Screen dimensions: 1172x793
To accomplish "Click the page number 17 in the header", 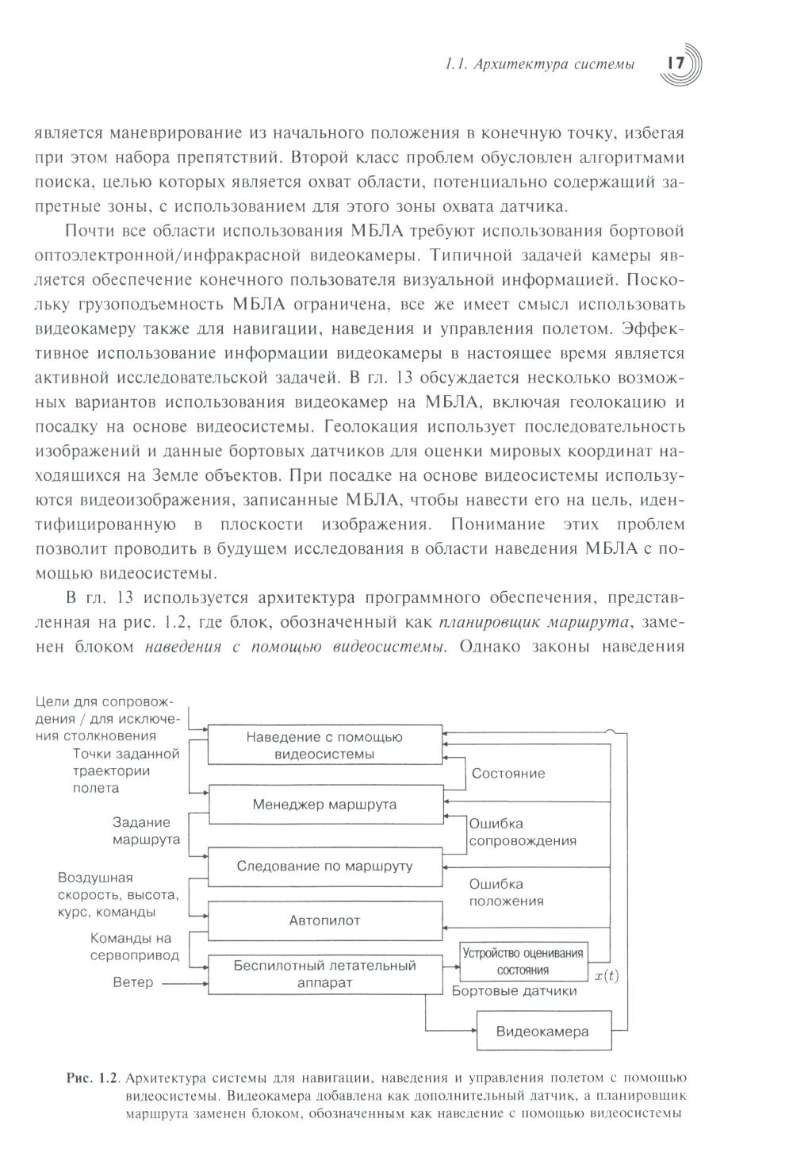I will point(678,63).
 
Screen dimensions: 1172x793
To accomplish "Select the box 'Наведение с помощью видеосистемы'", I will point(324,745).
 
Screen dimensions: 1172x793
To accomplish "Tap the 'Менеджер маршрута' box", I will point(324,805).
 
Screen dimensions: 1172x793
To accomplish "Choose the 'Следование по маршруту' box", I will point(324,866).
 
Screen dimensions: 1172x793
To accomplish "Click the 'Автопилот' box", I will point(324,920).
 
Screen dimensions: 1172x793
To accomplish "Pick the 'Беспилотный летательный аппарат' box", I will point(324,974).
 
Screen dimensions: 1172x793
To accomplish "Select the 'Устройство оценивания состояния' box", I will point(523,962).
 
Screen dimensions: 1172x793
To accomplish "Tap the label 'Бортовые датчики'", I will point(514,991).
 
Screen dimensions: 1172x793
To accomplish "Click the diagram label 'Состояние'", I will point(508,774).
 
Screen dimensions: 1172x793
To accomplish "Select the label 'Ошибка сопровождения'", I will point(522,832).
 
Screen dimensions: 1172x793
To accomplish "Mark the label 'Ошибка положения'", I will point(506,892).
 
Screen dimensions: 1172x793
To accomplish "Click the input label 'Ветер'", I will point(132,982).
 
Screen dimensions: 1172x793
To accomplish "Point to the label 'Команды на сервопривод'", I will point(134,947).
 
